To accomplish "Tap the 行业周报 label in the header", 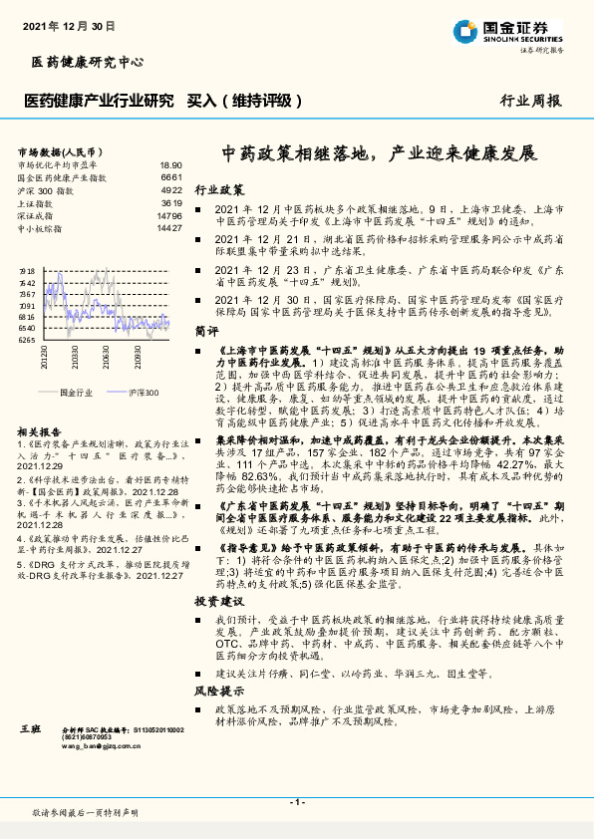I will pyautogui.click(x=529, y=101).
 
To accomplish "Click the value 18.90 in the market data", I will pyautogui.click(x=170, y=164).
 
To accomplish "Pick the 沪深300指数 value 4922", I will pyautogui.click(x=170, y=189).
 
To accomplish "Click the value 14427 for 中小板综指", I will pyautogui.click(x=168, y=228).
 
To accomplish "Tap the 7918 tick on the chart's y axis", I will pyautogui.click(x=27, y=271).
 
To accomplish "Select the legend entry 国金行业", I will pyautogui.click(x=77, y=393).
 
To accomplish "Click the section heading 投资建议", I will pyautogui.click(x=218, y=602).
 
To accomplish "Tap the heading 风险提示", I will pyautogui.click(x=218, y=690).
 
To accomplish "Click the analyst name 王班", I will pyautogui.click(x=29, y=731).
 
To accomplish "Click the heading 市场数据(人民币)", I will pyautogui.click(x=62, y=150).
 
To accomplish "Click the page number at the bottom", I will pyautogui.click(x=297, y=800).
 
